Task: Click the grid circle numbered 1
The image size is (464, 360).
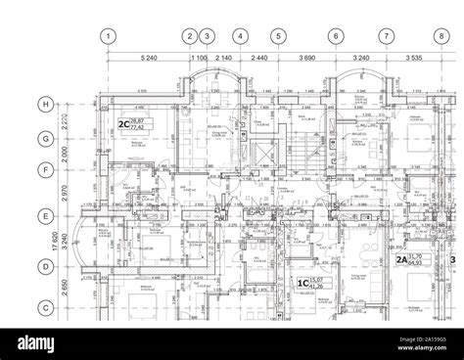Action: tap(110, 36)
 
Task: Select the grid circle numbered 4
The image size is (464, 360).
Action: tap(240, 36)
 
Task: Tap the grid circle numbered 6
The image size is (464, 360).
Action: tap(336, 36)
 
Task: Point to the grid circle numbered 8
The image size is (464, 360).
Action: tap(441, 36)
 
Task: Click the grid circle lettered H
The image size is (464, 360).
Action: tap(45, 105)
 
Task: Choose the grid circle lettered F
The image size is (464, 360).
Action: tap(45, 170)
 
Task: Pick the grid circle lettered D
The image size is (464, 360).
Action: tap(45, 265)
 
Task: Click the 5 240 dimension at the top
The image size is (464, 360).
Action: tap(149, 59)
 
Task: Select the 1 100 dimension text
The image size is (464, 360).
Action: tap(198, 59)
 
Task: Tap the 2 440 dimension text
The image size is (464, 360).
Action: tap(259, 59)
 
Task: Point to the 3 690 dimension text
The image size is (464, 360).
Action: tap(307, 59)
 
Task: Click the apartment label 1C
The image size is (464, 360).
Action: tap(302, 284)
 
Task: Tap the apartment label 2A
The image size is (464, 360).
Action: tap(401, 261)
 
